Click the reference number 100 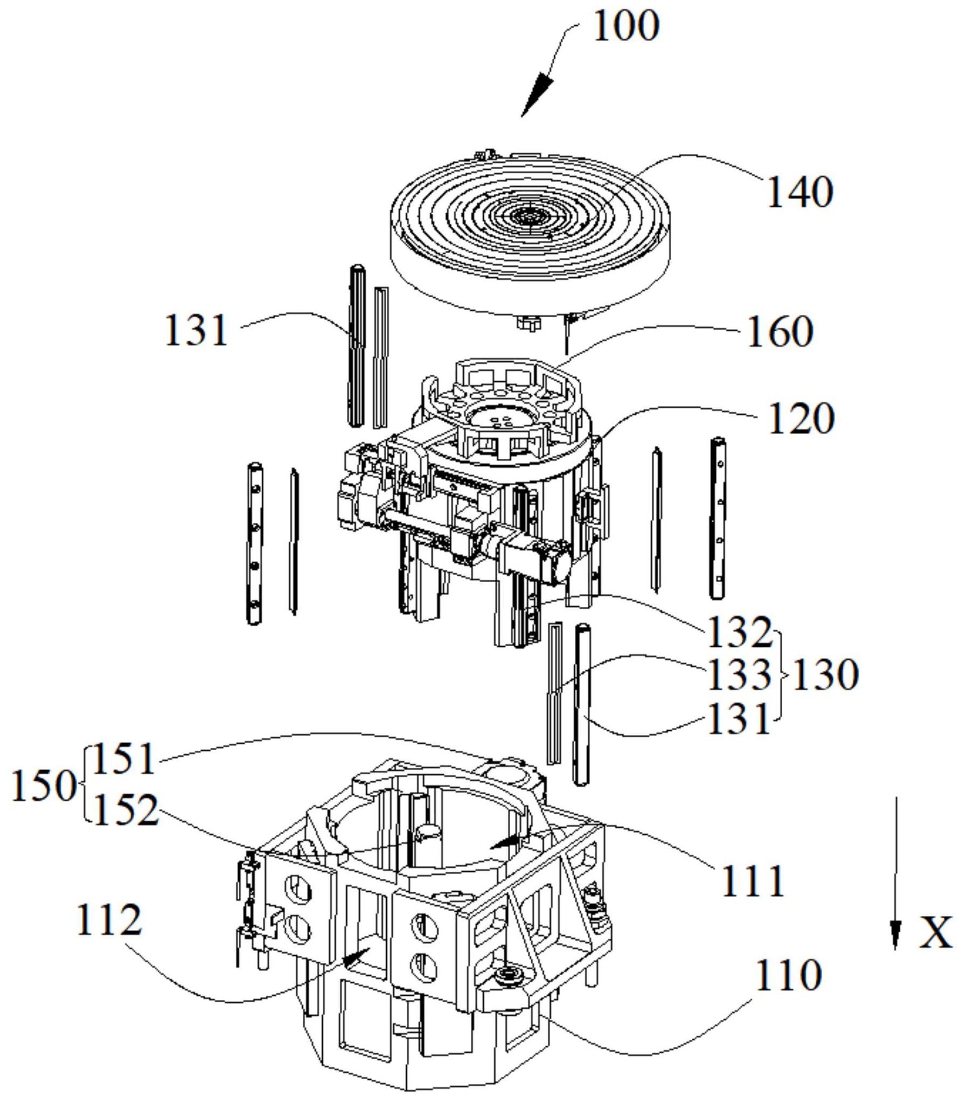point(626,26)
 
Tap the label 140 point(799,192)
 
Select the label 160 point(780,332)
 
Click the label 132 point(739,632)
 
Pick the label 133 point(739,675)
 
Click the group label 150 point(43,786)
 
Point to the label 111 point(753,881)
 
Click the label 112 point(110,920)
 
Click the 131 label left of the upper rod point(196,331)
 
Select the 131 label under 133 point(739,719)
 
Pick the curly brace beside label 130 point(780,675)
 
